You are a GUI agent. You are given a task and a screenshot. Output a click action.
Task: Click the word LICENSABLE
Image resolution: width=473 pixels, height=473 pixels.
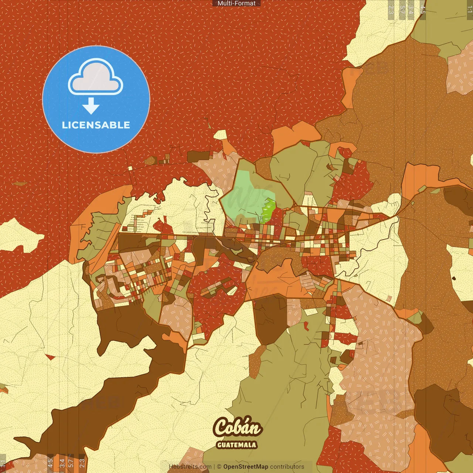[x=96, y=125]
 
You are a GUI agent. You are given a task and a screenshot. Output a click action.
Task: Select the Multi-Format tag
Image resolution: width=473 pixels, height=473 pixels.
[x=236, y=3]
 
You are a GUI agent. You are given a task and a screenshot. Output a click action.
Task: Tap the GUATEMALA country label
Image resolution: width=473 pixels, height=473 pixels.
[x=236, y=445]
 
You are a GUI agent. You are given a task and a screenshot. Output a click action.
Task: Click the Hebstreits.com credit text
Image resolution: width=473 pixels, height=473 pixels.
[x=190, y=467]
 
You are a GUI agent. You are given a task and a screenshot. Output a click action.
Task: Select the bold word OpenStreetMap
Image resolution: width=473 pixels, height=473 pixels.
[x=246, y=467]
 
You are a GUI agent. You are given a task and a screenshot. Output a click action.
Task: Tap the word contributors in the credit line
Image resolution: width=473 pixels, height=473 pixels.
[x=287, y=467]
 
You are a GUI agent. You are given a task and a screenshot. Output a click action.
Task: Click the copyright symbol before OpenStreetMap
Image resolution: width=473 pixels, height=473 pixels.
[x=219, y=467]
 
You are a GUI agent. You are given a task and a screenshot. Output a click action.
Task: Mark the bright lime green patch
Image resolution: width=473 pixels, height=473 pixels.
[x=269, y=211]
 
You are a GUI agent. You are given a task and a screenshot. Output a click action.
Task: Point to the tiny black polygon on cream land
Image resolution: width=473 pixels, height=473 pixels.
[x=454, y=278]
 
